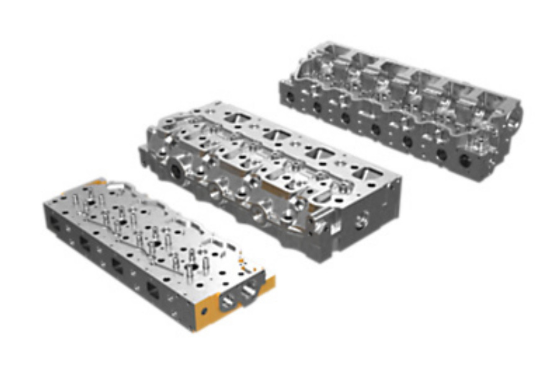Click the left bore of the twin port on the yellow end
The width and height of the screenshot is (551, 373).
click(228, 300)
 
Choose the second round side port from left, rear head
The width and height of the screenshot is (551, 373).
click(317, 107)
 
